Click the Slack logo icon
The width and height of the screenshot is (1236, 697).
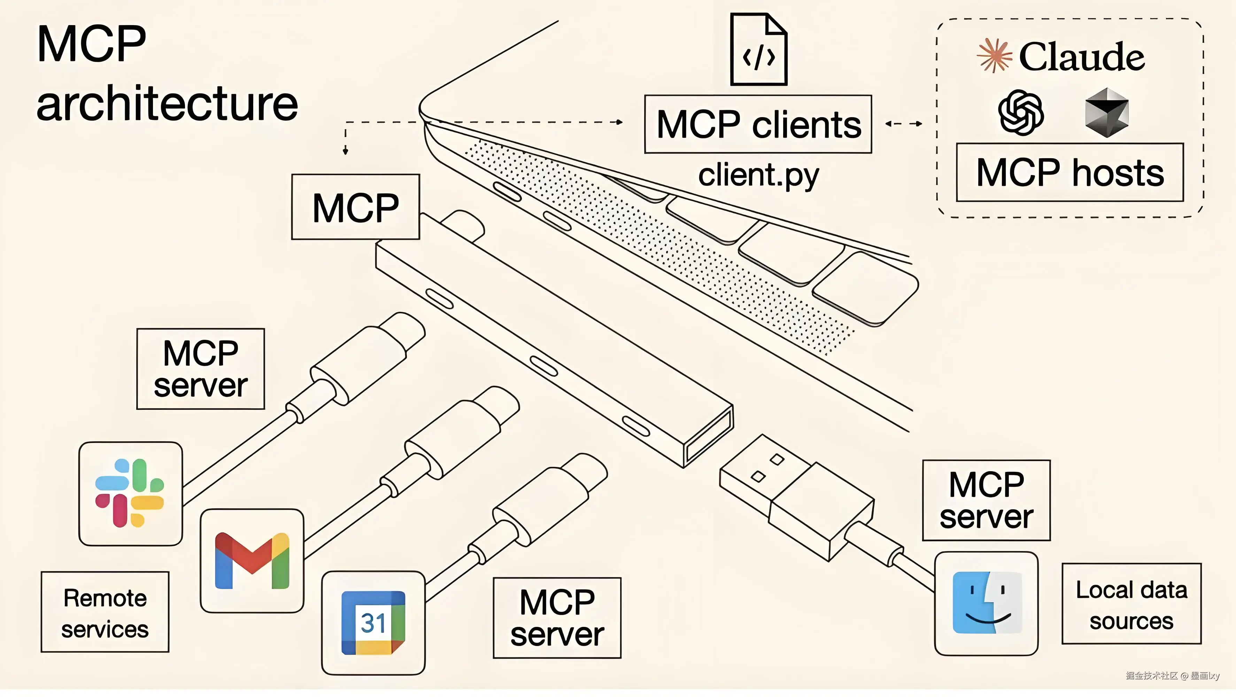click(130, 493)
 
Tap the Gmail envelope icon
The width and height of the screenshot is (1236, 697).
click(252, 561)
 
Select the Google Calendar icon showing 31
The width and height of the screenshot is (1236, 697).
click(373, 623)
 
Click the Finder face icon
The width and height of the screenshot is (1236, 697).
click(987, 603)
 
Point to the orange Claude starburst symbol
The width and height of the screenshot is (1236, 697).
click(994, 55)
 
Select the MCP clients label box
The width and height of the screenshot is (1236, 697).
click(758, 124)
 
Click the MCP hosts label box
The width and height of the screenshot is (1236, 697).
click(1070, 172)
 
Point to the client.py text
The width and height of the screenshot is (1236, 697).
click(759, 176)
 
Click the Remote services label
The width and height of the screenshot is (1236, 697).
click(105, 612)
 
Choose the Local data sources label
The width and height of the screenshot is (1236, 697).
click(1131, 604)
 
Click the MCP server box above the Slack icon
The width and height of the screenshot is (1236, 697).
click(201, 369)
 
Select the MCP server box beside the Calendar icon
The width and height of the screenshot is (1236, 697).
click(557, 618)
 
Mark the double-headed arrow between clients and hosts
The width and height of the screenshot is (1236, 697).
click(904, 123)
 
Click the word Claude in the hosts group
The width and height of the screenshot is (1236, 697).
click(1081, 57)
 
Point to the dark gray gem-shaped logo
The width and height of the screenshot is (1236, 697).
click(1106, 112)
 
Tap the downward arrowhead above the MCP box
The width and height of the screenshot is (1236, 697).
click(346, 152)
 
